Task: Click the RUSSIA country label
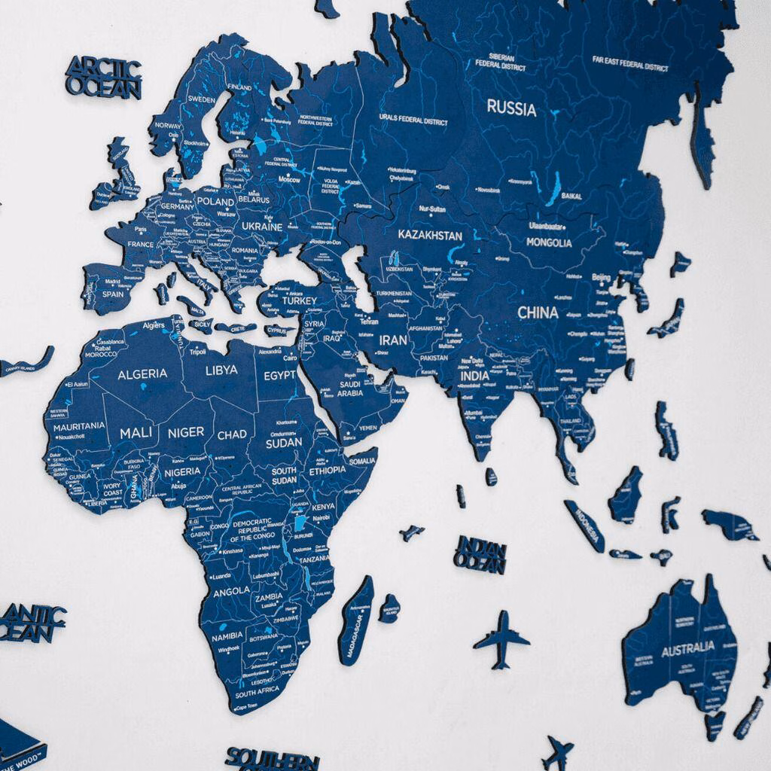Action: click(x=511, y=108)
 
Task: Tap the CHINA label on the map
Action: click(x=538, y=312)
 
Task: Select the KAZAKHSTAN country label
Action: click(x=430, y=236)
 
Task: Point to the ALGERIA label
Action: click(x=142, y=373)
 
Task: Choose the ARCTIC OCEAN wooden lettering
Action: click(x=103, y=78)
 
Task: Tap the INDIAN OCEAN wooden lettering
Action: click(x=480, y=555)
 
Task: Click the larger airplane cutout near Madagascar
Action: click(x=501, y=639)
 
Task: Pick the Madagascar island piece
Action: click(x=356, y=620)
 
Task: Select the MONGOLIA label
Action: click(x=549, y=243)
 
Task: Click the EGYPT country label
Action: click(x=279, y=375)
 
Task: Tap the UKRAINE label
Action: click(x=262, y=227)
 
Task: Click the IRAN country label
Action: click(x=393, y=340)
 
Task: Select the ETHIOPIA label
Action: click(x=328, y=470)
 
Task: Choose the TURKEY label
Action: click(x=300, y=301)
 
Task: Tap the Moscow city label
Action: click(x=288, y=180)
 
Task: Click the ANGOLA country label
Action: click(x=231, y=593)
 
